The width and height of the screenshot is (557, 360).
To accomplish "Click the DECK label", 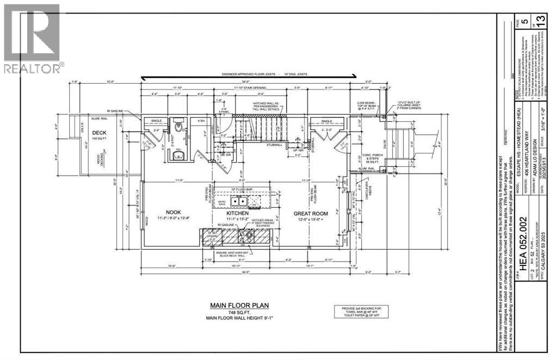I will pos(99,132).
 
